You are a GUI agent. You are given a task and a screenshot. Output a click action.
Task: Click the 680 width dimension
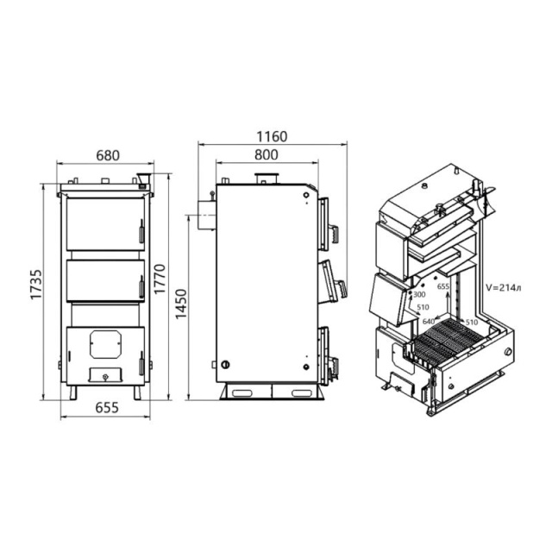point(108,155)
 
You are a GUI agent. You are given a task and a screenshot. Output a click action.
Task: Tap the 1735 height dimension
point(36,285)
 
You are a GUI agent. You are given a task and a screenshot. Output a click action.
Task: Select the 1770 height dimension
point(160,279)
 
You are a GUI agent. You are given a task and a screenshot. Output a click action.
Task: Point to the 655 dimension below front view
point(107,408)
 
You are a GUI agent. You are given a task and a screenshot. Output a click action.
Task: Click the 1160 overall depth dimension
point(272,136)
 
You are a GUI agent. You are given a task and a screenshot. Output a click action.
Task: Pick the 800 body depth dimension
point(267,154)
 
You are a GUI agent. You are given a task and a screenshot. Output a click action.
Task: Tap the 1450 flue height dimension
point(181,304)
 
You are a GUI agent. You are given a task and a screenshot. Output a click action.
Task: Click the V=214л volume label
point(504,287)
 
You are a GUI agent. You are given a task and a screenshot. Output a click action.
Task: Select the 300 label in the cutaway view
point(419,294)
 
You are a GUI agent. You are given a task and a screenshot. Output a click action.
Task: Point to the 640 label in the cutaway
point(429,322)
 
